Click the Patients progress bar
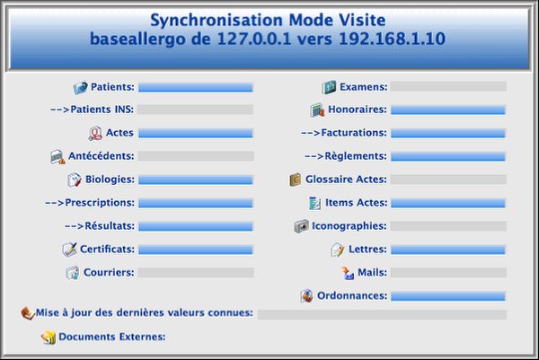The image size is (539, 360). pyautogui.click(x=196, y=87)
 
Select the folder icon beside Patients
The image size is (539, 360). pyautogui.click(x=81, y=88)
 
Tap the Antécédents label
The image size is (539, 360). pyautogui.click(x=101, y=156)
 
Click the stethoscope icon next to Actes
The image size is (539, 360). pyautogui.click(x=95, y=133)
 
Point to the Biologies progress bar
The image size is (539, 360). pyautogui.click(x=196, y=180)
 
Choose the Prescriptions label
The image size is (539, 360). pyautogui.click(x=90, y=203)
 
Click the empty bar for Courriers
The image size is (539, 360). pyautogui.click(x=196, y=273)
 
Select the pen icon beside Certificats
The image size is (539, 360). pyautogui.click(x=70, y=250)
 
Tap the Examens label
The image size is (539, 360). pyautogui.click(x=363, y=87)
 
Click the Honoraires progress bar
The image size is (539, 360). pyautogui.click(x=448, y=110)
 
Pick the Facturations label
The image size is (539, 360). pyautogui.click(x=344, y=133)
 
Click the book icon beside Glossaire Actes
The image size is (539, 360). pyautogui.click(x=296, y=180)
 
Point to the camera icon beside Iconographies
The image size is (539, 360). pyautogui.click(x=302, y=226)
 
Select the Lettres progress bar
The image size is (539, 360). pyautogui.click(x=448, y=250)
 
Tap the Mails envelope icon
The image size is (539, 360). pyautogui.click(x=348, y=273)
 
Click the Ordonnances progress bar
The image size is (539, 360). pyautogui.click(x=448, y=296)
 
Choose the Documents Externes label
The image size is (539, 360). pyautogui.click(x=112, y=337)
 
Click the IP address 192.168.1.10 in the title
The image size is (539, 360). pyautogui.click(x=393, y=39)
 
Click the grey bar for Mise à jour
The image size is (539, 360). pyautogui.click(x=382, y=314)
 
